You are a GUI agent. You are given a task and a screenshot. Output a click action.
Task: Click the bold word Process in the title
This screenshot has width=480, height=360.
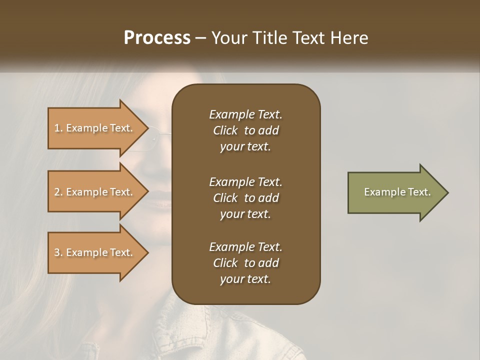pyautogui.click(x=157, y=38)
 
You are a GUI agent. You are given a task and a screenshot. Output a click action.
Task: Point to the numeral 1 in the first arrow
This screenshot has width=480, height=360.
pyautogui.click(x=56, y=128)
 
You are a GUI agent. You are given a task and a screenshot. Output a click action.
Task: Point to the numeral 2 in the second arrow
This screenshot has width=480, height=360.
pyautogui.click(x=57, y=192)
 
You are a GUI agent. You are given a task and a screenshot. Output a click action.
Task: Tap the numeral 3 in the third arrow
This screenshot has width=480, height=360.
pyautogui.click(x=57, y=252)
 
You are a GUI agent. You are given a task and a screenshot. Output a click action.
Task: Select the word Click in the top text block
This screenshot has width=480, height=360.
pyautogui.click(x=225, y=130)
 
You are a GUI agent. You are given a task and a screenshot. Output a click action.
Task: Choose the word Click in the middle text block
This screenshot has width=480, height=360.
pyautogui.click(x=225, y=198)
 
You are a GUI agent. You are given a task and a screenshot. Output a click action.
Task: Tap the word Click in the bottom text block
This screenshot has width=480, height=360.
pyautogui.click(x=225, y=263)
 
